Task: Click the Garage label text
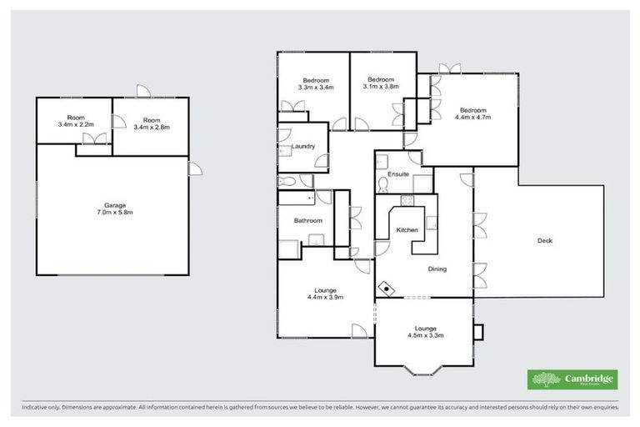click(x=113, y=205)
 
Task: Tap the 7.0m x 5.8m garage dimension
click(x=113, y=213)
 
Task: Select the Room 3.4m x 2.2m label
click(x=76, y=121)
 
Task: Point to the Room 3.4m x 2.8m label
click(x=152, y=123)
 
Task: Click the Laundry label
click(x=302, y=147)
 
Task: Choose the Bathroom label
click(x=307, y=221)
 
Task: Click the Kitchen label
click(x=407, y=229)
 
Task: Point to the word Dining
click(x=437, y=269)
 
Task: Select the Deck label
click(x=544, y=240)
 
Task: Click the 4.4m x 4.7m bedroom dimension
click(x=472, y=118)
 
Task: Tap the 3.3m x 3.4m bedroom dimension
click(x=315, y=86)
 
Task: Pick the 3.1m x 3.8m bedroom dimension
click(x=381, y=86)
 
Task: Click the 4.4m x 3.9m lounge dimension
click(x=326, y=297)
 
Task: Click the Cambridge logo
click(x=573, y=379)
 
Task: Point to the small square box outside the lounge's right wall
click(x=477, y=332)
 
